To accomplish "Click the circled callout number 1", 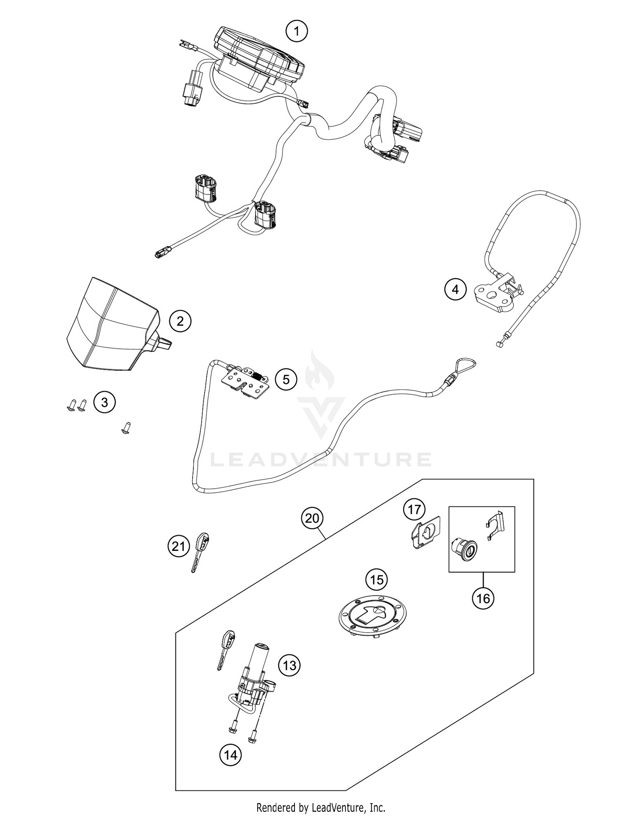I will (297, 31).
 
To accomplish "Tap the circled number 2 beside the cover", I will (180, 321).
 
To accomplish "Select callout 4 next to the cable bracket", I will (455, 289).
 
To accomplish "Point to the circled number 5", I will (286, 379).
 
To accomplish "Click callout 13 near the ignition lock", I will (289, 665).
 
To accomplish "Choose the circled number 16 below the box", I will (483, 598).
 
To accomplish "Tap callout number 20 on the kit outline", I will (312, 518).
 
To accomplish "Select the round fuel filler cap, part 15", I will (373, 617).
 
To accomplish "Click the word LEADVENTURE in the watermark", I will (321, 460).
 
